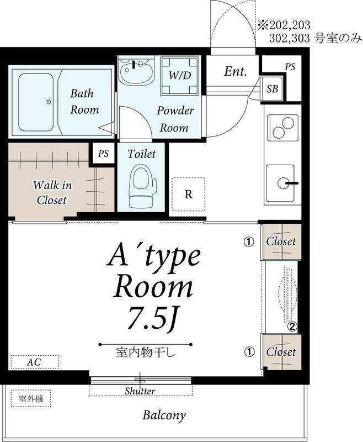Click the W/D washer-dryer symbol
180,75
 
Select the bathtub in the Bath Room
36,102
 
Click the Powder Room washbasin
136,70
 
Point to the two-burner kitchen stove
282,128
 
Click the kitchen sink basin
280,183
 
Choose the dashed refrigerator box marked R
189,194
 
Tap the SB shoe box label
272,89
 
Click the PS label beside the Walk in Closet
103,154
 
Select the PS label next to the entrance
290,67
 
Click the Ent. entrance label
236,71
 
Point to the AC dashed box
35,362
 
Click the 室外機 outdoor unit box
31,398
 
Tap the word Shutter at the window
140,391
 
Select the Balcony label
164,415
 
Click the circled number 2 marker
292,327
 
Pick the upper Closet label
281,241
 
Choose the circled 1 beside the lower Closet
249,351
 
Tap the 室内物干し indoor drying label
146,352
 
